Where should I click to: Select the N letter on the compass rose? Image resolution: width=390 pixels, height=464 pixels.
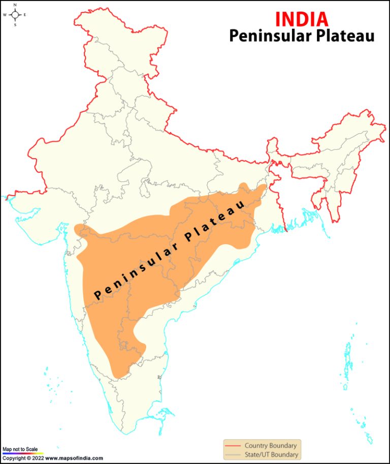click(x=15, y=5)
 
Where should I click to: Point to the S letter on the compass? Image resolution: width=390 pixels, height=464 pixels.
click(x=15, y=24)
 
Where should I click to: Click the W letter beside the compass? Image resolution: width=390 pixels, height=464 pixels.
click(x=5, y=15)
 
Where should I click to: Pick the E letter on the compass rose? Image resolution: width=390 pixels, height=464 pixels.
click(x=25, y=15)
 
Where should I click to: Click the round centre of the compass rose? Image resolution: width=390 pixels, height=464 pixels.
click(x=15, y=15)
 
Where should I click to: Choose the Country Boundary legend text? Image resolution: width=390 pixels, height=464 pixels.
click(x=270, y=446)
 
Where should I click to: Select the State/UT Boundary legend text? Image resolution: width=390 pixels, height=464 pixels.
click(x=271, y=455)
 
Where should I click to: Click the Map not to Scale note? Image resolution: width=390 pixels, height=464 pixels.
click(x=20, y=449)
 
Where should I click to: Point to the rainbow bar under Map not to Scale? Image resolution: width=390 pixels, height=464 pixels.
click(x=23, y=453)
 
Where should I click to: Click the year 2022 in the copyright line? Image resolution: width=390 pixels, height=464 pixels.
click(x=38, y=458)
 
